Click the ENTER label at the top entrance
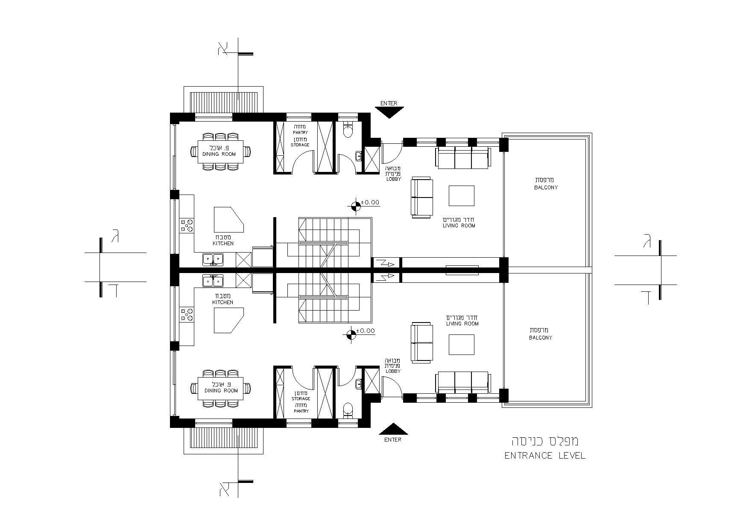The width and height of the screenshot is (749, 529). (x=389, y=103)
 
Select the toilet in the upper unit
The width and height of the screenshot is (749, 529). (x=348, y=130)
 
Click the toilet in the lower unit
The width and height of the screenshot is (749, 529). (x=348, y=410)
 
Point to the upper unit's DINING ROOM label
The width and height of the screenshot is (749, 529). (x=219, y=154)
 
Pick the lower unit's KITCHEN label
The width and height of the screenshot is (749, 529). (x=223, y=302)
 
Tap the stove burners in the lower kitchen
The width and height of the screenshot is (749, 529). (x=187, y=314)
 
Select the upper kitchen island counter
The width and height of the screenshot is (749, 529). (x=229, y=221)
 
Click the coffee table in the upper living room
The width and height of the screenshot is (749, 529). (x=461, y=196)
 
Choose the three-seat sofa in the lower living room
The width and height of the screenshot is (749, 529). (x=462, y=382)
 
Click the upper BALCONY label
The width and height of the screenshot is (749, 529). (x=546, y=187)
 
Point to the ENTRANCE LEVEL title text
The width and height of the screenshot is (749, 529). (x=545, y=456)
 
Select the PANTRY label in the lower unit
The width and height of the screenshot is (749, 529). (x=301, y=411)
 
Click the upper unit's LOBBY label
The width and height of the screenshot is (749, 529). (x=393, y=179)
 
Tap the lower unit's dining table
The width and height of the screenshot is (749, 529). (x=220, y=388)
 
